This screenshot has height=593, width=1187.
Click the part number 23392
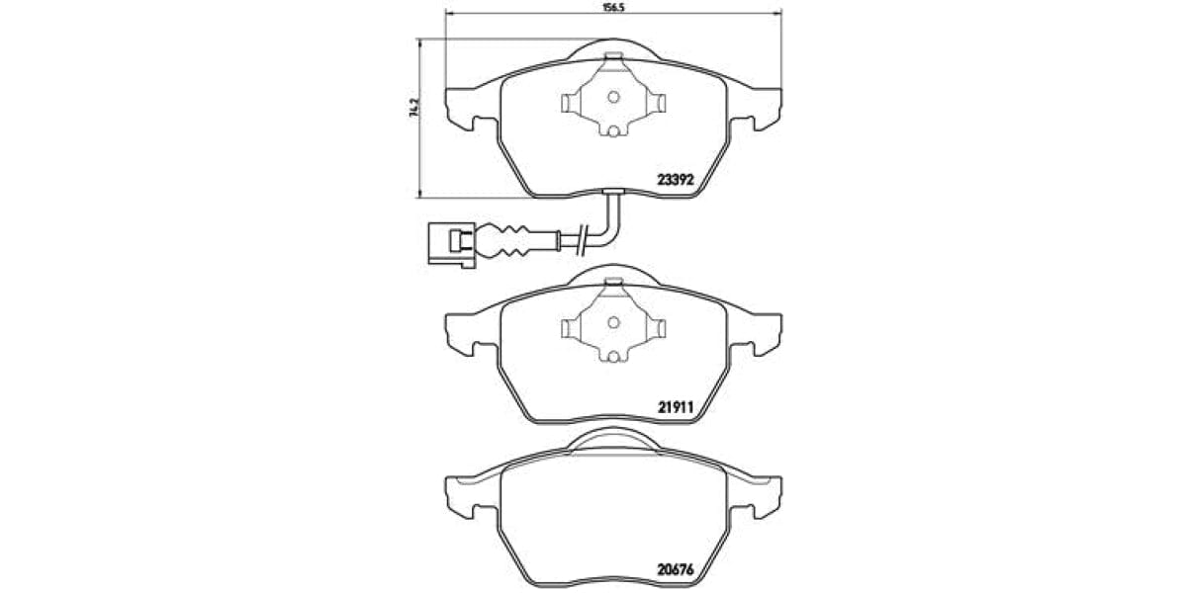[x=678, y=181]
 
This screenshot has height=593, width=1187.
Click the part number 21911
[x=678, y=405]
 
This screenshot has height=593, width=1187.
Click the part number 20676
[x=678, y=569]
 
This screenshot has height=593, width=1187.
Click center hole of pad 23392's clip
[x=612, y=97]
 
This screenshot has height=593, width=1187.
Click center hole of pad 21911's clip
[x=612, y=321]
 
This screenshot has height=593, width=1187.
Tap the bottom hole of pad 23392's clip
[x=612, y=131]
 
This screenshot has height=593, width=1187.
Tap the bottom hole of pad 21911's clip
[x=612, y=356]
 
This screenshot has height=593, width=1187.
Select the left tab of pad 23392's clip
[x=571, y=102]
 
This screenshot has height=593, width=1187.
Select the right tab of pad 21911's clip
[x=655, y=326]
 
